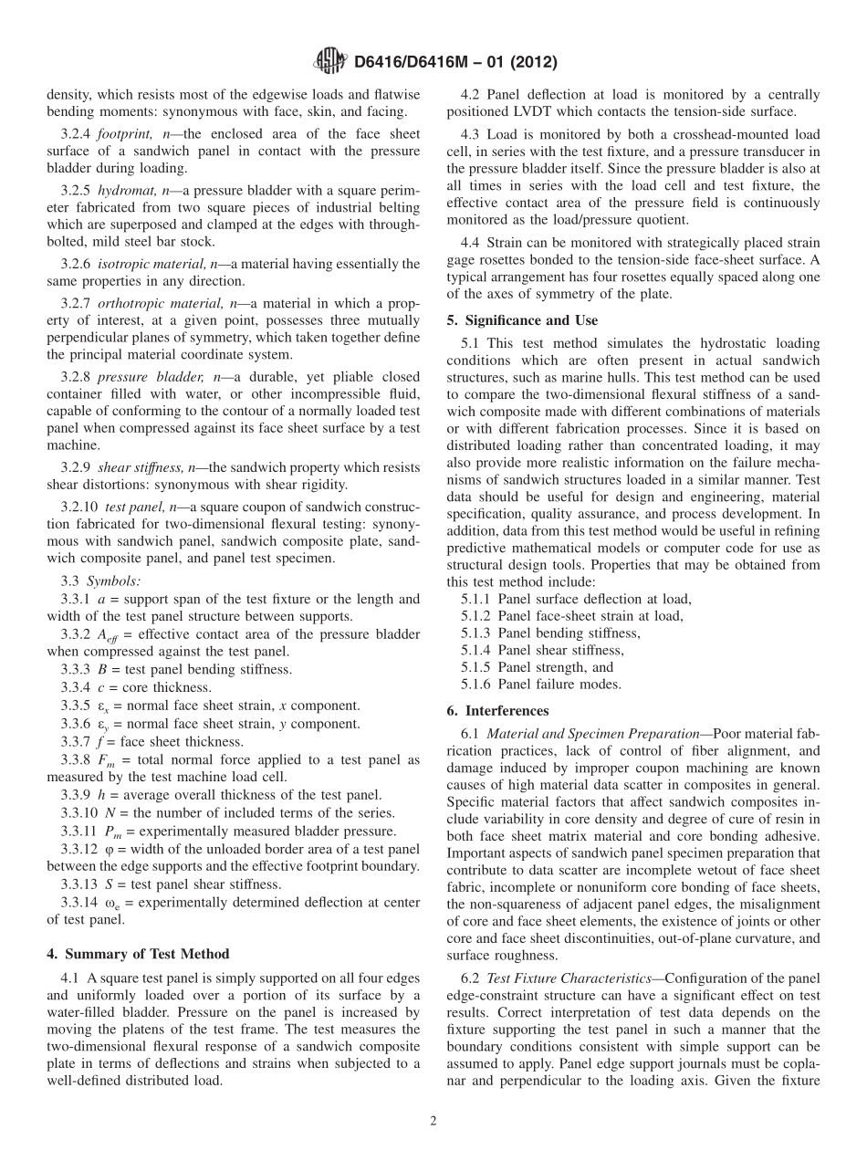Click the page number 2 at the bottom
click(x=433, y=1121)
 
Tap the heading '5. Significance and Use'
click(x=522, y=320)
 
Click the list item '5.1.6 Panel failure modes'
click(x=541, y=685)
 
